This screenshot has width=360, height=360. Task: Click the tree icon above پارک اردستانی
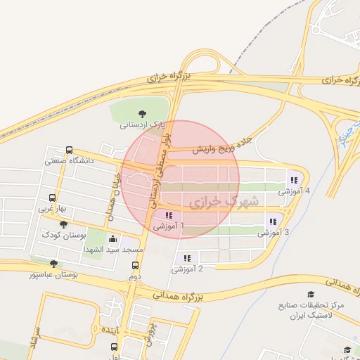(143, 113)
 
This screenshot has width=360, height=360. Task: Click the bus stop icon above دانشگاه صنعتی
(69, 150)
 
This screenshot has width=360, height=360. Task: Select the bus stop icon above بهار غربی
(52, 198)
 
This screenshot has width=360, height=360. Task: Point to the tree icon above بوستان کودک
(64, 224)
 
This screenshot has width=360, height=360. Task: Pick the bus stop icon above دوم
(135, 265)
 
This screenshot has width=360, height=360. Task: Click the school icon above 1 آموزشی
(168, 215)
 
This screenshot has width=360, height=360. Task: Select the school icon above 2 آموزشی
(187, 258)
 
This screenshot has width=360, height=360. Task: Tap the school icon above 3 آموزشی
(272, 221)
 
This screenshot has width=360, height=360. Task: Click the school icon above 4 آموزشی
(293, 180)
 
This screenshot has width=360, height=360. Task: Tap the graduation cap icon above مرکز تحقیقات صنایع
(311, 294)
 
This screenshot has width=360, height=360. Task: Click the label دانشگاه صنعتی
(69, 160)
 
